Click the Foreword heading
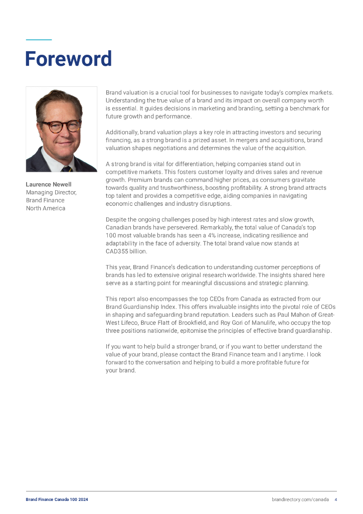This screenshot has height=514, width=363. click(x=68, y=59)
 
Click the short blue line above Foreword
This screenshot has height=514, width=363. click(x=39, y=40)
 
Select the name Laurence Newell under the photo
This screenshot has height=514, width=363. click(x=49, y=184)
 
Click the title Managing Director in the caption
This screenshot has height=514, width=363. click(x=51, y=192)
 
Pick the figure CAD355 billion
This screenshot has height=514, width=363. click(x=126, y=251)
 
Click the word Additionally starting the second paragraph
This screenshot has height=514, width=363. click(x=123, y=132)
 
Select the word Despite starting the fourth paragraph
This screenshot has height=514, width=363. click(x=117, y=219)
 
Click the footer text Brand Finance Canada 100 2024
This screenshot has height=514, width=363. click(x=57, y=499)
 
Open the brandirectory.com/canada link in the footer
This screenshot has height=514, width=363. click(x=300, y=499)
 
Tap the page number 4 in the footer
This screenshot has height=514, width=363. click(x=335, y=499)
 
